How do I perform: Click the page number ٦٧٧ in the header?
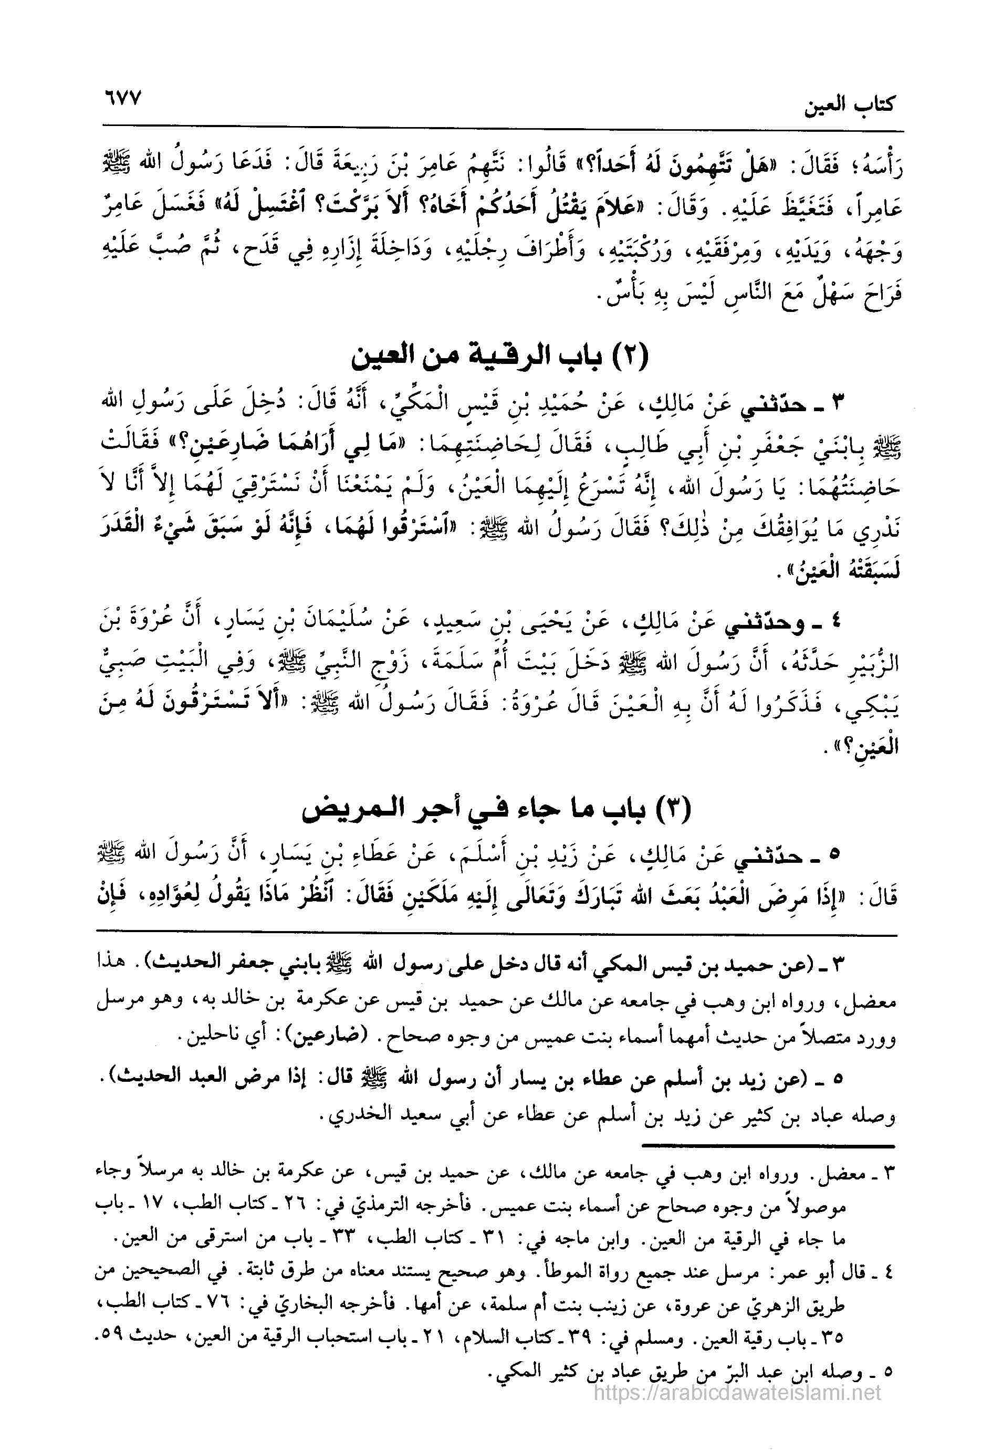120,100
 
